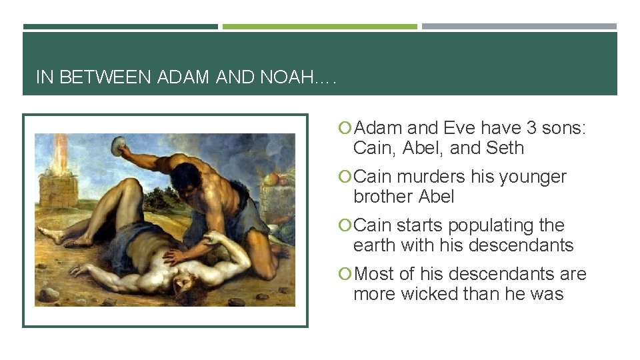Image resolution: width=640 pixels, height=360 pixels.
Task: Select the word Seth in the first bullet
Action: click(x=505, y=148)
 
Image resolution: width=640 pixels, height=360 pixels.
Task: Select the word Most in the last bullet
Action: click(x=377, y=274)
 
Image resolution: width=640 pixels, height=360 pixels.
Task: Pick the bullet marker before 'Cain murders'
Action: click(x=345, y=177)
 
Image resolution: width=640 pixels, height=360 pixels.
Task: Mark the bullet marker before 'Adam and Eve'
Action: click(x=345, y=129)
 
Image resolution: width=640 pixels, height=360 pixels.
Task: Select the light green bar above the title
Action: click(x=319, y=27)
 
